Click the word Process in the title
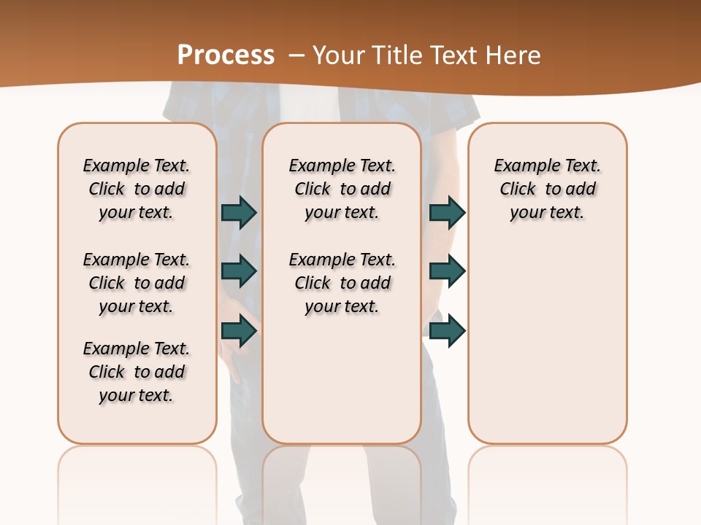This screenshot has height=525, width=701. [x=226, y=55]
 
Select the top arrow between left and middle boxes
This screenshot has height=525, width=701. [x=239, y=212]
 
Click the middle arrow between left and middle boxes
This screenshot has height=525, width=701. [x=239, y=271]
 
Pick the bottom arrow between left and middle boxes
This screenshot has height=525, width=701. [x=239, y=331]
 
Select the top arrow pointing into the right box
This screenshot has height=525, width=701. [x=447, y=212]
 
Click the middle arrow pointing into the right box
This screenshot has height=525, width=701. [x=447, y=271]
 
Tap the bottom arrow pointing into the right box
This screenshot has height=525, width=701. [x=447, y=331]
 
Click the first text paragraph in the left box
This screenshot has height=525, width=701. [x=137, y=189]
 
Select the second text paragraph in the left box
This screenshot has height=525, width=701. [x=137, y=283]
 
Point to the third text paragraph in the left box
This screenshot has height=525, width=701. [x=137, y=372]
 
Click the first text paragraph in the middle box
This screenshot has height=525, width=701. [x=342, y=189]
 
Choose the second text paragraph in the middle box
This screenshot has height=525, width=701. [x=342, y=283]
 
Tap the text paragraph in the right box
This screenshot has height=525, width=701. [x=548, y=189]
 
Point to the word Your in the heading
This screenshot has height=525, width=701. [x=340, y=55]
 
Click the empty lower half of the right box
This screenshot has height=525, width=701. [x=548, y=350]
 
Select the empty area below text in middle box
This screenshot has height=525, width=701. [x=342, y=379]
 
